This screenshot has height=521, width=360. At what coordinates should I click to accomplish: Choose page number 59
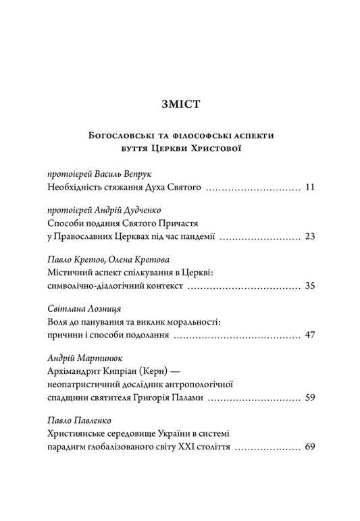tap(310, 398)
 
